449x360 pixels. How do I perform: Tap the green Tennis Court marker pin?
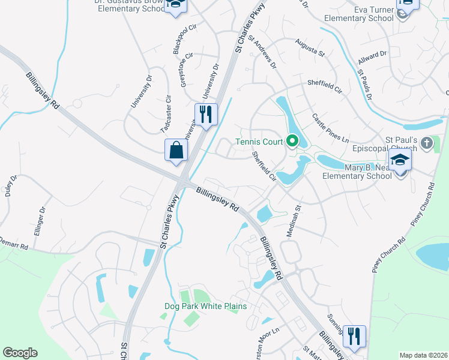[292, 142]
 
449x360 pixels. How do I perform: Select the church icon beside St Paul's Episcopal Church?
[426, 143]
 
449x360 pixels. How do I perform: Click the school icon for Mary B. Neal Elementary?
[400, 161]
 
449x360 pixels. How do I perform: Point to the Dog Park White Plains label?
[206, 306]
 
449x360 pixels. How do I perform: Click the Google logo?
[20, 353]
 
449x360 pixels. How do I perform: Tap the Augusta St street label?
[310, 49]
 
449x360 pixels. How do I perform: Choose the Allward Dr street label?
[372, 58]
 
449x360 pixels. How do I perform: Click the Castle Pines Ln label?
[330, 127]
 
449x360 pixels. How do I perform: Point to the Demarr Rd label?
[14, 243]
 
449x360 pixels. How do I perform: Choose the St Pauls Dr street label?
[365, 85]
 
